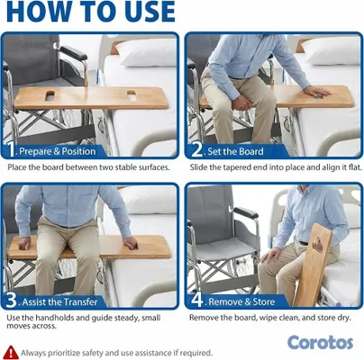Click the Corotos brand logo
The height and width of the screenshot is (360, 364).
point(320,343)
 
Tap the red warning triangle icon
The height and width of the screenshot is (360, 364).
point(12,352)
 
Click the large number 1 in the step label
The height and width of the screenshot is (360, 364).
point(11,149)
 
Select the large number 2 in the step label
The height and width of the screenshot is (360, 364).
point(197,149)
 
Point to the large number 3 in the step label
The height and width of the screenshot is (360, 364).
point(12,301)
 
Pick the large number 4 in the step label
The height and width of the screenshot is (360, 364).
point(197,301)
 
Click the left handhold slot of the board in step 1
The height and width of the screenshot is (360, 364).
point(50,95)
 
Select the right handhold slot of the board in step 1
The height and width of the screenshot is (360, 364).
point(132,95)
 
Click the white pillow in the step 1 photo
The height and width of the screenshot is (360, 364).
point(147,52)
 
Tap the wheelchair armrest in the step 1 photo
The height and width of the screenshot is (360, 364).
point(74,53)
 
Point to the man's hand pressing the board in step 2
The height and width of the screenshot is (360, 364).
point(316,91)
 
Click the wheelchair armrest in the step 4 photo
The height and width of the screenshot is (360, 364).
point(246,212)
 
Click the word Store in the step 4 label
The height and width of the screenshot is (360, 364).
point(264,301)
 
